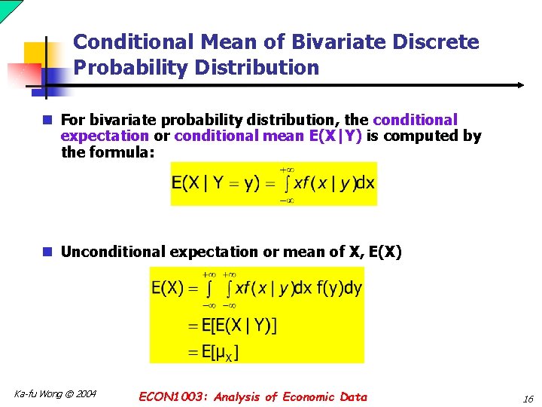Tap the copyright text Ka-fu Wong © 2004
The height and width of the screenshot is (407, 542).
[x=55, y=393]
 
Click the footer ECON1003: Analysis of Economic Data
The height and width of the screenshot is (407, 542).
[x=253, y=396]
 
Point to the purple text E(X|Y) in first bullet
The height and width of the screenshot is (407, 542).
[x=335, y=136]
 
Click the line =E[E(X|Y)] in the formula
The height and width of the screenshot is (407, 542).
[x=231, y=326]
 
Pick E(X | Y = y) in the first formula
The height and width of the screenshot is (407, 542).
[x=215, y=183]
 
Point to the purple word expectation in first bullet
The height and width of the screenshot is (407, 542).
[x=105, y=136]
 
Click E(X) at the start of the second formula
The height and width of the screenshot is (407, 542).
[x=168, y=288]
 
